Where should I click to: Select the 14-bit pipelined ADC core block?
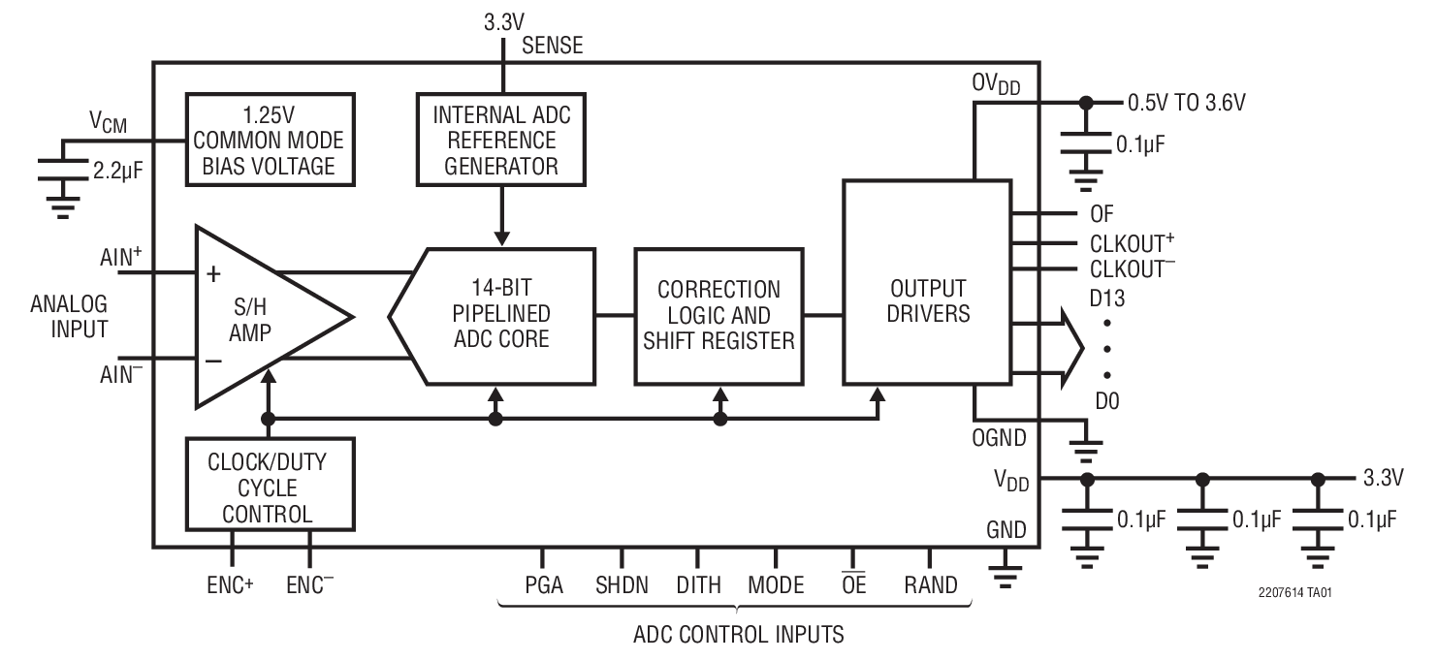(x=499, y=314)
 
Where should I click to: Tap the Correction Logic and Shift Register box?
(x=718, y=315)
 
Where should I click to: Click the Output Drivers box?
(x=926, y=281)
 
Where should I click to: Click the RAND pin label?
(x=930, y=584)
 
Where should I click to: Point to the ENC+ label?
(x=229, y=584)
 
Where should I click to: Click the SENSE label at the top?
(x=553, y=46)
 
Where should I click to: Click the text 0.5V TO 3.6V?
(x=1184, y=101)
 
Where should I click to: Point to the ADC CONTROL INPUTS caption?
(x=738, y=636)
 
